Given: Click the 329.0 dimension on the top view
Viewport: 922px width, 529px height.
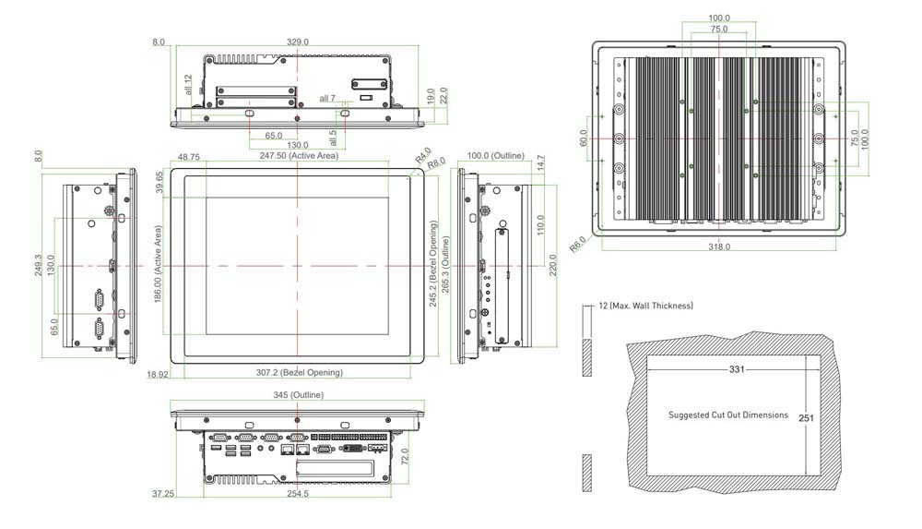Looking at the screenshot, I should pyautogui.click(x=298, y=42).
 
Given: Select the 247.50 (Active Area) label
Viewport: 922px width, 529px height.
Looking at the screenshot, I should pyautogui.click(x=299, y=156).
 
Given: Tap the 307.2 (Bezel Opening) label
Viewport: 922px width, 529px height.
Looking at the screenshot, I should pyautogui.click(x=299, y=373).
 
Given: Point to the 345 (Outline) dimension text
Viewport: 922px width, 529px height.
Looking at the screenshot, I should pyautogui.click(x=299, y=395).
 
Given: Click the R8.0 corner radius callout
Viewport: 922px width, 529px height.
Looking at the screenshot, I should pyautogui.click(x=436, y=162).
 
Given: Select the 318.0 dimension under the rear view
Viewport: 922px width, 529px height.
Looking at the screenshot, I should pyautogui.click(x=719, y=246).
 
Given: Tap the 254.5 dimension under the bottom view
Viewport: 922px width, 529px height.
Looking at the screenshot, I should pyautogui.click(x=297, y=495).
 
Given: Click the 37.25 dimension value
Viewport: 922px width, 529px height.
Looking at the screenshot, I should pyautogui.click(x=164, y=495).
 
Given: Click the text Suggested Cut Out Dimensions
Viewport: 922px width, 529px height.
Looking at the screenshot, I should pyautogui.click(x=728, y=415).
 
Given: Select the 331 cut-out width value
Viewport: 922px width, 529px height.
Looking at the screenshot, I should pyautogui.click(x=737, y=369).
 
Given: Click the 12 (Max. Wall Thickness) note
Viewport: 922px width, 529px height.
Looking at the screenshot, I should pyautogui.click(x=645, y=306).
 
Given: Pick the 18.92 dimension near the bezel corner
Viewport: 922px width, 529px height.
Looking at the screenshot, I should pyautogui.click(x=158, y=374).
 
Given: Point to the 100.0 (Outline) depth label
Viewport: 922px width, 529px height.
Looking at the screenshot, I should pyautogui.click(x=495, y=156).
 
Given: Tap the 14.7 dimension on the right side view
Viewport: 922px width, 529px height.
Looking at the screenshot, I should pyautogui.click(x=541, y=162).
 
